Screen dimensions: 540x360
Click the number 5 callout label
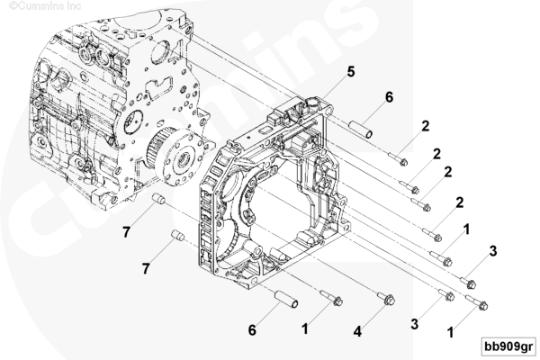pos(351,72)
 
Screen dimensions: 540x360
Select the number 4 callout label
pos(358,331)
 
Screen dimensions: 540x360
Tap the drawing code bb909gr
pos(508,346)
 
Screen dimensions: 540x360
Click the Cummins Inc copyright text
pos(45,6)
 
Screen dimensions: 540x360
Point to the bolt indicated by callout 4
pos(386,298)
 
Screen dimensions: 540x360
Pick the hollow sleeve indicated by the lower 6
pos(286,299)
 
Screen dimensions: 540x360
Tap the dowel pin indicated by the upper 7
pos(158,200)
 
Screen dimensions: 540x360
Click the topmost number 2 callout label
pos(426,126)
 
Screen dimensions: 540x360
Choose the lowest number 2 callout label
pos(459,202)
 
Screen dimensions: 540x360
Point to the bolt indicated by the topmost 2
pos(398,158)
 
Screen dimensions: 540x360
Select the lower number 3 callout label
pos(415,324)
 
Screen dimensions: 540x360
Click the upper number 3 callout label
pos(493,251)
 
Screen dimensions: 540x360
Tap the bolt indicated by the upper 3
pos(468,283)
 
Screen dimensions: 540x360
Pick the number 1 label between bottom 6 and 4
pos(305,329)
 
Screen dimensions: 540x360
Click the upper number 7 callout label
pos(126,232)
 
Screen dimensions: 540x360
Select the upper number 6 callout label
pos(389,97)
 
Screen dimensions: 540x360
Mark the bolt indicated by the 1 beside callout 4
pos(331,298)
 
